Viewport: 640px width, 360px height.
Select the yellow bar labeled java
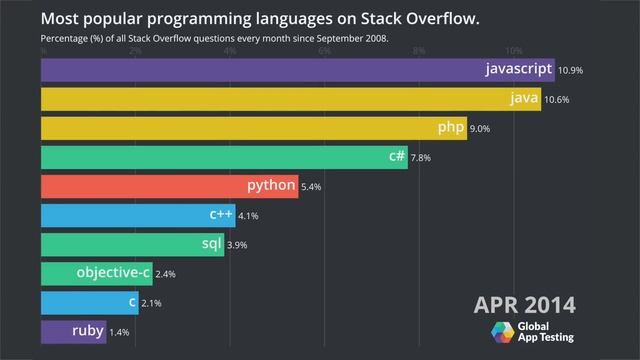click(290, 99)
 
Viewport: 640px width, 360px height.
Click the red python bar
click(169, 186)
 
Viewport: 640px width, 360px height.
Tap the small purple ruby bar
click(73, 331)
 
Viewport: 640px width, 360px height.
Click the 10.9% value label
click(572, 71)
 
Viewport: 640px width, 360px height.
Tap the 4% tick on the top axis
click(230, 50)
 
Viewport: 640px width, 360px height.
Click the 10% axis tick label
click(513, 50)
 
